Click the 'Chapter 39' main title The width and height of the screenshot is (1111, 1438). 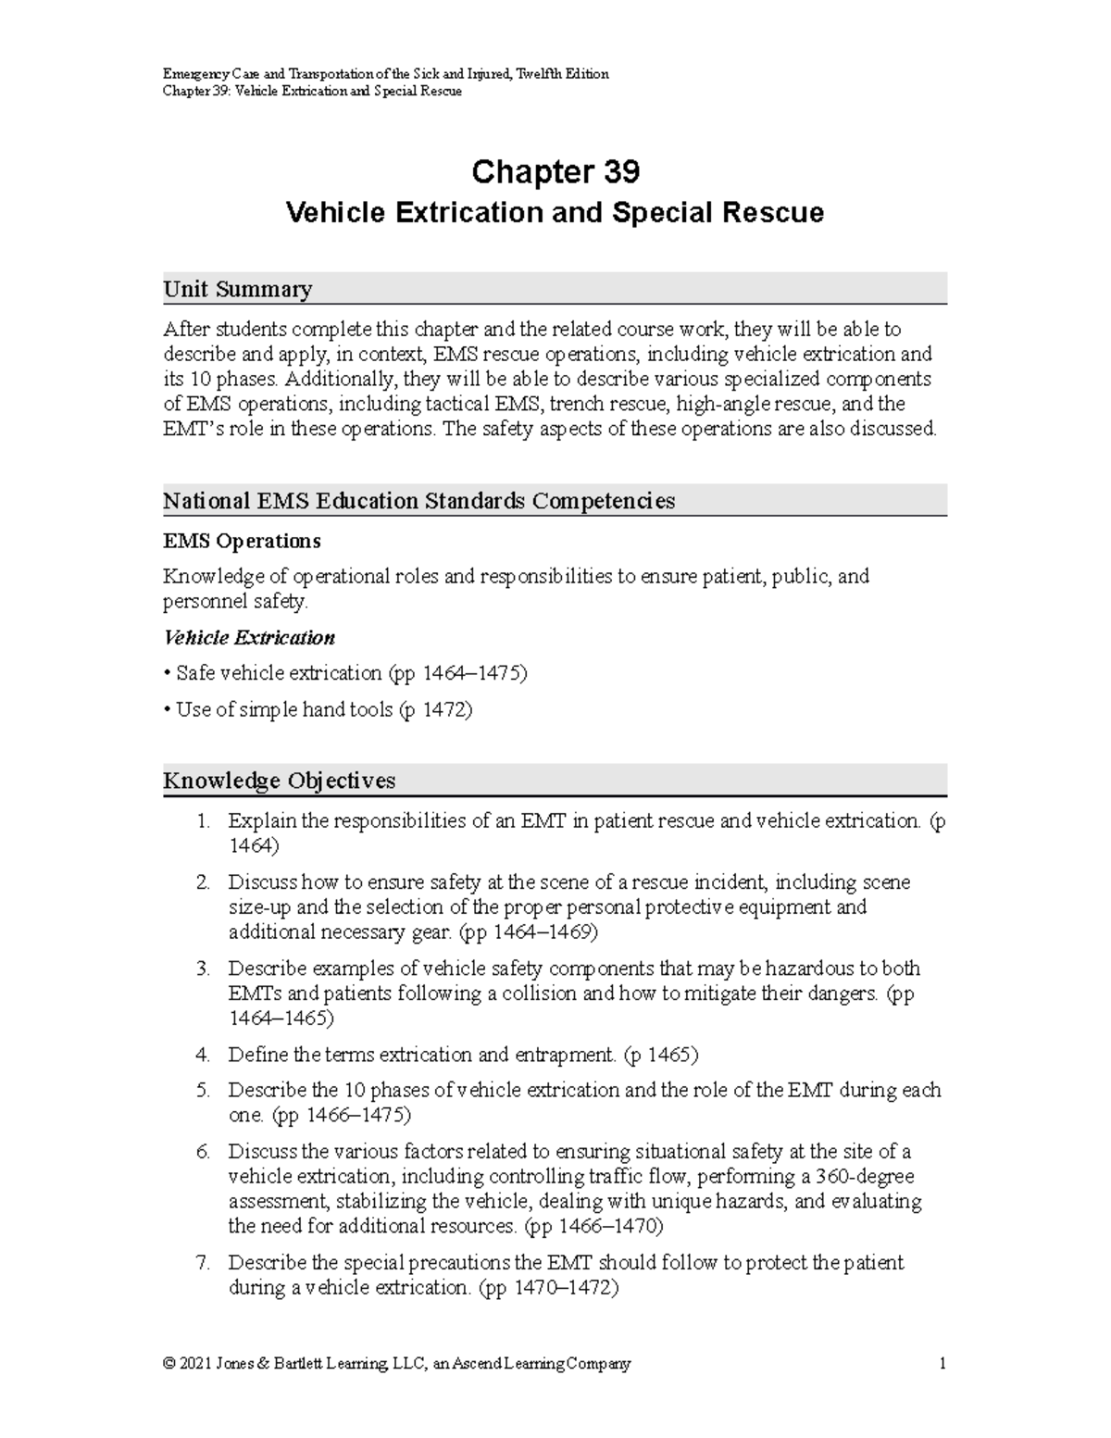555,172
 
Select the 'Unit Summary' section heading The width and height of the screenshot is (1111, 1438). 237,290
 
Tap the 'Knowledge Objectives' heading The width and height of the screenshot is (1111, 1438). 279,781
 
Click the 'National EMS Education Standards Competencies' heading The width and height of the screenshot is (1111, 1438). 418,501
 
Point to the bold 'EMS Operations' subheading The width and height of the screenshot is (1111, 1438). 242,541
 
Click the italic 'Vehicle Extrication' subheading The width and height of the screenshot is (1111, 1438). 249,638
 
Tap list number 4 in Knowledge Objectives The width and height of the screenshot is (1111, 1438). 203,1055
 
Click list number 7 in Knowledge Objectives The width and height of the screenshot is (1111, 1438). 203,1263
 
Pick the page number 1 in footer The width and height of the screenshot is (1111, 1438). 942,1364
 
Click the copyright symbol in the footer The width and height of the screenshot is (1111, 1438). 169,1364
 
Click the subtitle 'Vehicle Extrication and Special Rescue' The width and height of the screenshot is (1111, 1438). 555,213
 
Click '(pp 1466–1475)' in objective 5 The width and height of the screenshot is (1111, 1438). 343,1116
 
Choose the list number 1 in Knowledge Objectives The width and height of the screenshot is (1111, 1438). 203,821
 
